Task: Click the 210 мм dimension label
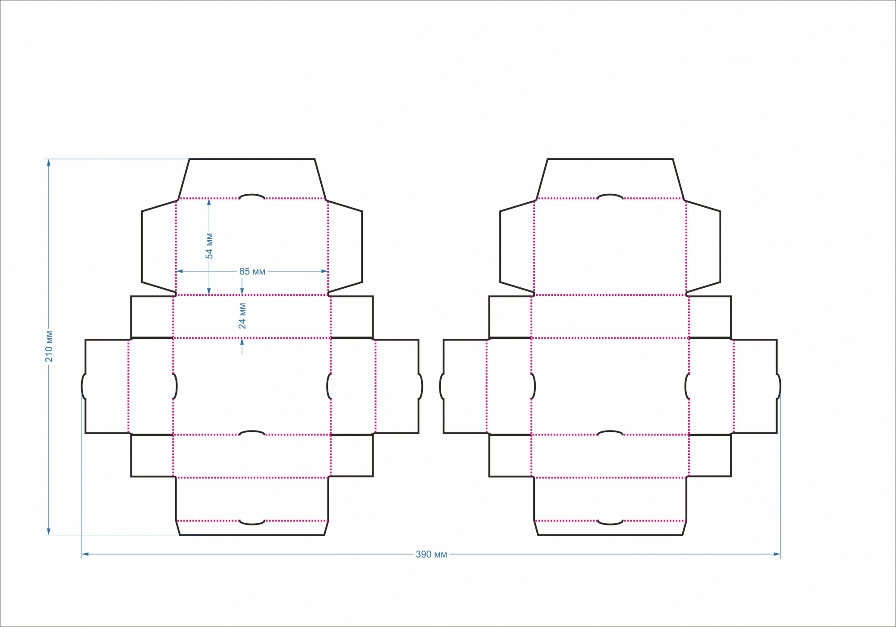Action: [49, 346]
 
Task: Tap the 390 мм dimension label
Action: [431, 554]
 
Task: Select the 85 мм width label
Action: [252, 272]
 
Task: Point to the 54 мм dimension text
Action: [209, 246]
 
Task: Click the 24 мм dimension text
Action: [242, 316]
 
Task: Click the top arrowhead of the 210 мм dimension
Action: [49, 162]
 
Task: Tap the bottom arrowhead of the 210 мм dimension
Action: [49, 531]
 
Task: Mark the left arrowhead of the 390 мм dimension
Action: [85, 554]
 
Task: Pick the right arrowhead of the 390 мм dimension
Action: [777, 554]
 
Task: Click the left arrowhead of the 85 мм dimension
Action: [180, 271]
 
